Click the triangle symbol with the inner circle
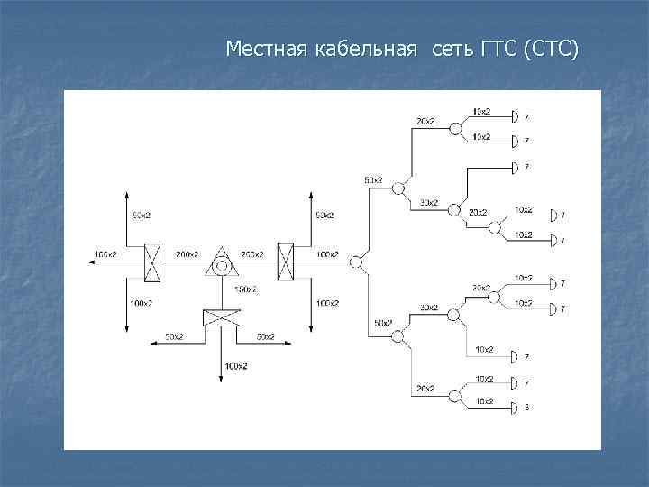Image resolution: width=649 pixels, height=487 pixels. point(221,263)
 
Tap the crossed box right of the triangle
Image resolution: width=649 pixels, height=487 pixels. point(287,262)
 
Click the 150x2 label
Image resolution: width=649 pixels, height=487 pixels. point(245,289)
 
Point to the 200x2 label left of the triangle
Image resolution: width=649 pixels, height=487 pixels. point(187,254)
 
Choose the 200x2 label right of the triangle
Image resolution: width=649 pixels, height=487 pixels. point(252,254)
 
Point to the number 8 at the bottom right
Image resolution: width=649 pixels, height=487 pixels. point(526,409)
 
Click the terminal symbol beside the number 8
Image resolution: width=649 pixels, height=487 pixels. point(515,409)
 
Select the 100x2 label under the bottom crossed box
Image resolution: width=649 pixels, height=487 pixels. point(236,365)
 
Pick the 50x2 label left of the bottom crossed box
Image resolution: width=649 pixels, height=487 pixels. point(174,336)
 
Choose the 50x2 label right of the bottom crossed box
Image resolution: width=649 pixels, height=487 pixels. point(265,336)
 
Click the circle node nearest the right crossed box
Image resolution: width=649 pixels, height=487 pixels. point(356,262)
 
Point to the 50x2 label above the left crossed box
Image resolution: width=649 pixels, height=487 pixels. point(142,216)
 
